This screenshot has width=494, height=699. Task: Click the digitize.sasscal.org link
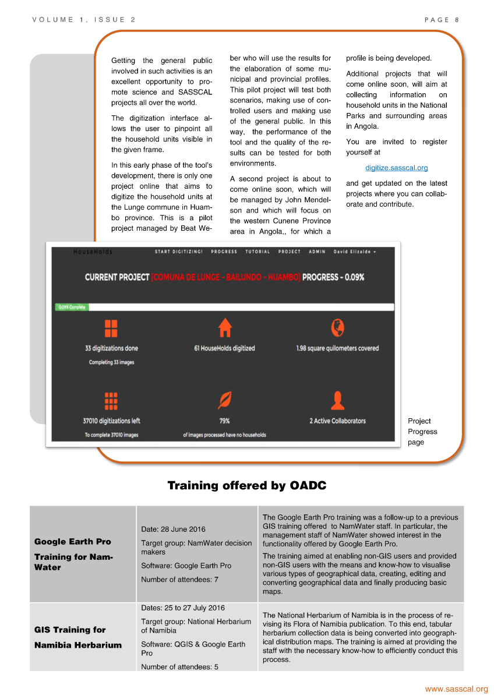coord(396,168)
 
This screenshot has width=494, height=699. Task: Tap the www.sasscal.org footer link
coord(456,689)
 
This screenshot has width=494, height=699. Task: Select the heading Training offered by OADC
coord(247,485)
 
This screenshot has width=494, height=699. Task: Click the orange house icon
coord(225,328)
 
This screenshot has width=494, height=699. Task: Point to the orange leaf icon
coord(224,400)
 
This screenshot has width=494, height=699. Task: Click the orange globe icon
coord(337,328)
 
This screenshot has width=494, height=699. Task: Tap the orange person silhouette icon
coord(337,400)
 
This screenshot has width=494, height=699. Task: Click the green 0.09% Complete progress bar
coord(71,307)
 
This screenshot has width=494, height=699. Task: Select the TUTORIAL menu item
coord(257,252)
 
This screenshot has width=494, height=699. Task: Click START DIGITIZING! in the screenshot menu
coord(179,252)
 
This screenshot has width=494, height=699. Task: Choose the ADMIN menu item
coord(317,252)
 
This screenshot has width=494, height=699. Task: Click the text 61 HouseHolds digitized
coord(224,348)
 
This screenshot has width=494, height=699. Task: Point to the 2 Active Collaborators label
coord(337,421)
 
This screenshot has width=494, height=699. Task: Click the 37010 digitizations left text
coord(111,421)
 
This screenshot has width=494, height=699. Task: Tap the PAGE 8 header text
coord(442,20)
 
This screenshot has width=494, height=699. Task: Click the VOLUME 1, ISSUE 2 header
coord(84,20)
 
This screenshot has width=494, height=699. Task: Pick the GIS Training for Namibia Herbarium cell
coord(78,637)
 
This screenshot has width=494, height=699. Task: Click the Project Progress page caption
coord(422,432)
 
